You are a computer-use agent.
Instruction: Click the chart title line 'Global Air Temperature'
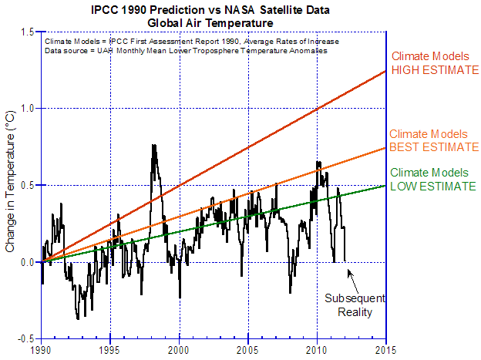[x=211, y=23]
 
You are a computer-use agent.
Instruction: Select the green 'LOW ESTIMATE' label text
[x=433, y=186]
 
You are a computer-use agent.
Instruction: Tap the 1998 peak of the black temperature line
[x=153, y=145]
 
